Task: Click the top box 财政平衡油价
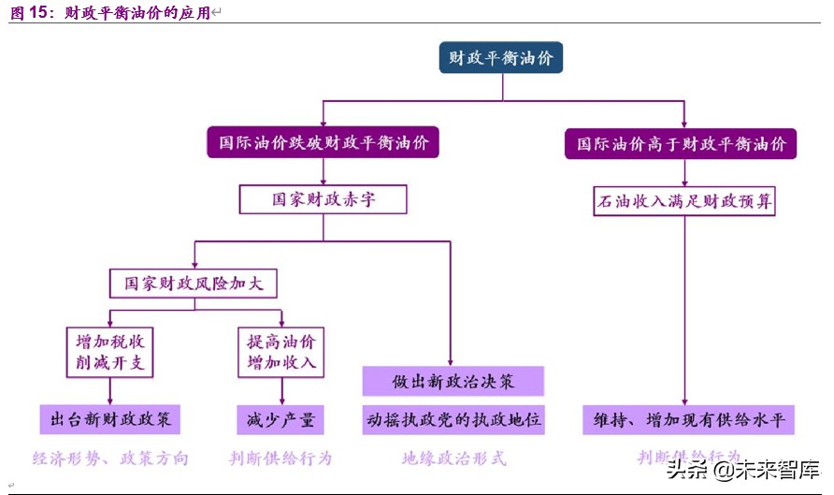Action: [x=501, y=58]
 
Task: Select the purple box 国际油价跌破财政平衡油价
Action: [x=324, y=143]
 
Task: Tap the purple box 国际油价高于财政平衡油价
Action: [x=681, y=144]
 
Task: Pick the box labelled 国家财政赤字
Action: [x=324, y=200]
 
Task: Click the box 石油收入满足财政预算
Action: [x=684, y=200]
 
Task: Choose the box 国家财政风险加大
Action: [x=194, y=283]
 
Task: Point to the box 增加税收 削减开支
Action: [x=109, y=351]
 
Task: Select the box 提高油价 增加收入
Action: [x=281, y=351]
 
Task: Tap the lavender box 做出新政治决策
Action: [x=453, y=381]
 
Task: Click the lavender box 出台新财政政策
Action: [x=109, y=419]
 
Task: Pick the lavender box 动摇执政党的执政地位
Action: [x=453, y=419]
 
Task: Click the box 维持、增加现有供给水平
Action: [x=688, y=419]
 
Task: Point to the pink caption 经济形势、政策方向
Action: [x=110, y=459]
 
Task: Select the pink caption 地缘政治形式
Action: [x=453, y=459]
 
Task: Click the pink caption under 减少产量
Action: [x=280, y=459]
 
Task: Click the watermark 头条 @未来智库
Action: [x=743, y=469]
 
